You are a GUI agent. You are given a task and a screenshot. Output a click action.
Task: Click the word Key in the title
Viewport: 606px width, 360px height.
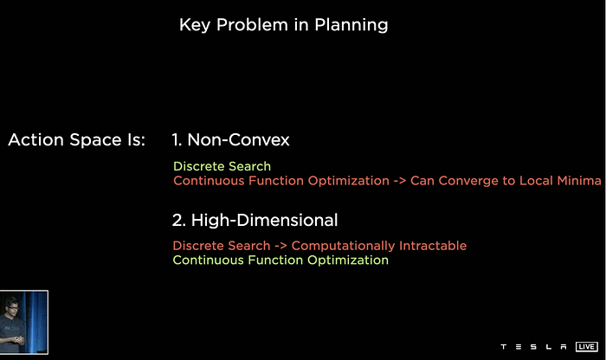195,25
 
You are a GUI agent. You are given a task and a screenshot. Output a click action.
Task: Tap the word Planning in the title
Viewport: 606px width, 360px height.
351,25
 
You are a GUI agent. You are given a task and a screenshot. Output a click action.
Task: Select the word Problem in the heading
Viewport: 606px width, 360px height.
252,25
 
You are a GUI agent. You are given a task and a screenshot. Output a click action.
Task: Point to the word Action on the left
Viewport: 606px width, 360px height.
36,139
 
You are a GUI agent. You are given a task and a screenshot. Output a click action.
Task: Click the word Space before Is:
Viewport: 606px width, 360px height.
95,140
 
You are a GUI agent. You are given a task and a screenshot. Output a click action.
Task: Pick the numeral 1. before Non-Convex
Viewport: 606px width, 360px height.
177,139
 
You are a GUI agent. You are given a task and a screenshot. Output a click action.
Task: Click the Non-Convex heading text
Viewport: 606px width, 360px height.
238,139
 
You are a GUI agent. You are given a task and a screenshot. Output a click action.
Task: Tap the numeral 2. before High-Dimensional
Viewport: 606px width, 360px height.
179,220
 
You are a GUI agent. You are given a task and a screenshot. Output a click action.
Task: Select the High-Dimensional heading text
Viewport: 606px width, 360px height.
264,220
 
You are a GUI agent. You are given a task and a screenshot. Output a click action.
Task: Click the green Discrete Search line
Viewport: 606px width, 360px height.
222,166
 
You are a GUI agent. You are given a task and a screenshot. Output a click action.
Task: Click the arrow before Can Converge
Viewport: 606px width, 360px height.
400,181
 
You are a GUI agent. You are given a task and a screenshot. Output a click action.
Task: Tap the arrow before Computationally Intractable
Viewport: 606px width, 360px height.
280,246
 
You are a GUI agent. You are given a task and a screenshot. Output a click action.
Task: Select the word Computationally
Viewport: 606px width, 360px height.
343,246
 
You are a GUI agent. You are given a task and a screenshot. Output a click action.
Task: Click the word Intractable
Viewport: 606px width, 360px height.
433,246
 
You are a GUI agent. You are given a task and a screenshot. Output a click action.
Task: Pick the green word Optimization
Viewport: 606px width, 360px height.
348,260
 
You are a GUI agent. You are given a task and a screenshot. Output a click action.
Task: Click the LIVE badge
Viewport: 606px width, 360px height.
586,346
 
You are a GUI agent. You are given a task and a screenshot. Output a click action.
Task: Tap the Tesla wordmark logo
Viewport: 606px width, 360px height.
534,346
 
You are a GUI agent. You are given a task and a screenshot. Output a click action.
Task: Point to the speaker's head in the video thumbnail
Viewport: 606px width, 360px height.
11,305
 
